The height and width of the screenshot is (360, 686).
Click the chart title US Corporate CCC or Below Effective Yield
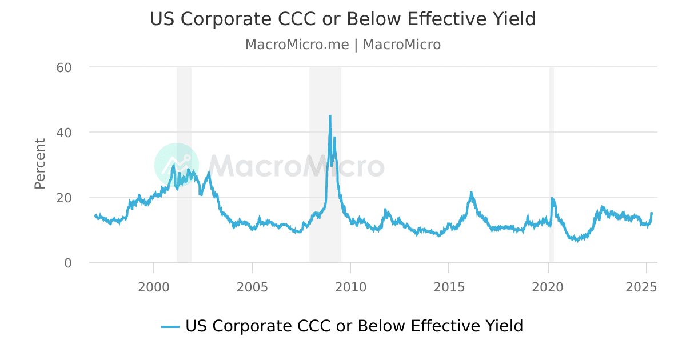343,19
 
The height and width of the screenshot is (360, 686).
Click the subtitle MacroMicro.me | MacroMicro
343,45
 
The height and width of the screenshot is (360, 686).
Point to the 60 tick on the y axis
63,67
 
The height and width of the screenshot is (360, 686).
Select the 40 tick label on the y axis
63,133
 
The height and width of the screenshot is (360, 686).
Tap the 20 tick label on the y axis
63,198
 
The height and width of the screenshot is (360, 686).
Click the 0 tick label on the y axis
67,263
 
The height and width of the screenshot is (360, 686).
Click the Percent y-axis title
40,163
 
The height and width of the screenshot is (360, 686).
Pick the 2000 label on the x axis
154,286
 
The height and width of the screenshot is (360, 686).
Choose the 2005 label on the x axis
252,286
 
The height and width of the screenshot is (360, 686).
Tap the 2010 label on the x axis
350,286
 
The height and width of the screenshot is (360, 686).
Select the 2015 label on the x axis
449,286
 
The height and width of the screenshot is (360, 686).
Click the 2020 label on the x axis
548,286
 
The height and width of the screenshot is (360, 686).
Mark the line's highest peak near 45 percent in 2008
330,117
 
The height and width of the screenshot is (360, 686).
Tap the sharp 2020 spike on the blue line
552,199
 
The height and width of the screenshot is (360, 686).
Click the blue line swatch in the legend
170,327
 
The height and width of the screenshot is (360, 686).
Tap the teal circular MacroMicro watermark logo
176,165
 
